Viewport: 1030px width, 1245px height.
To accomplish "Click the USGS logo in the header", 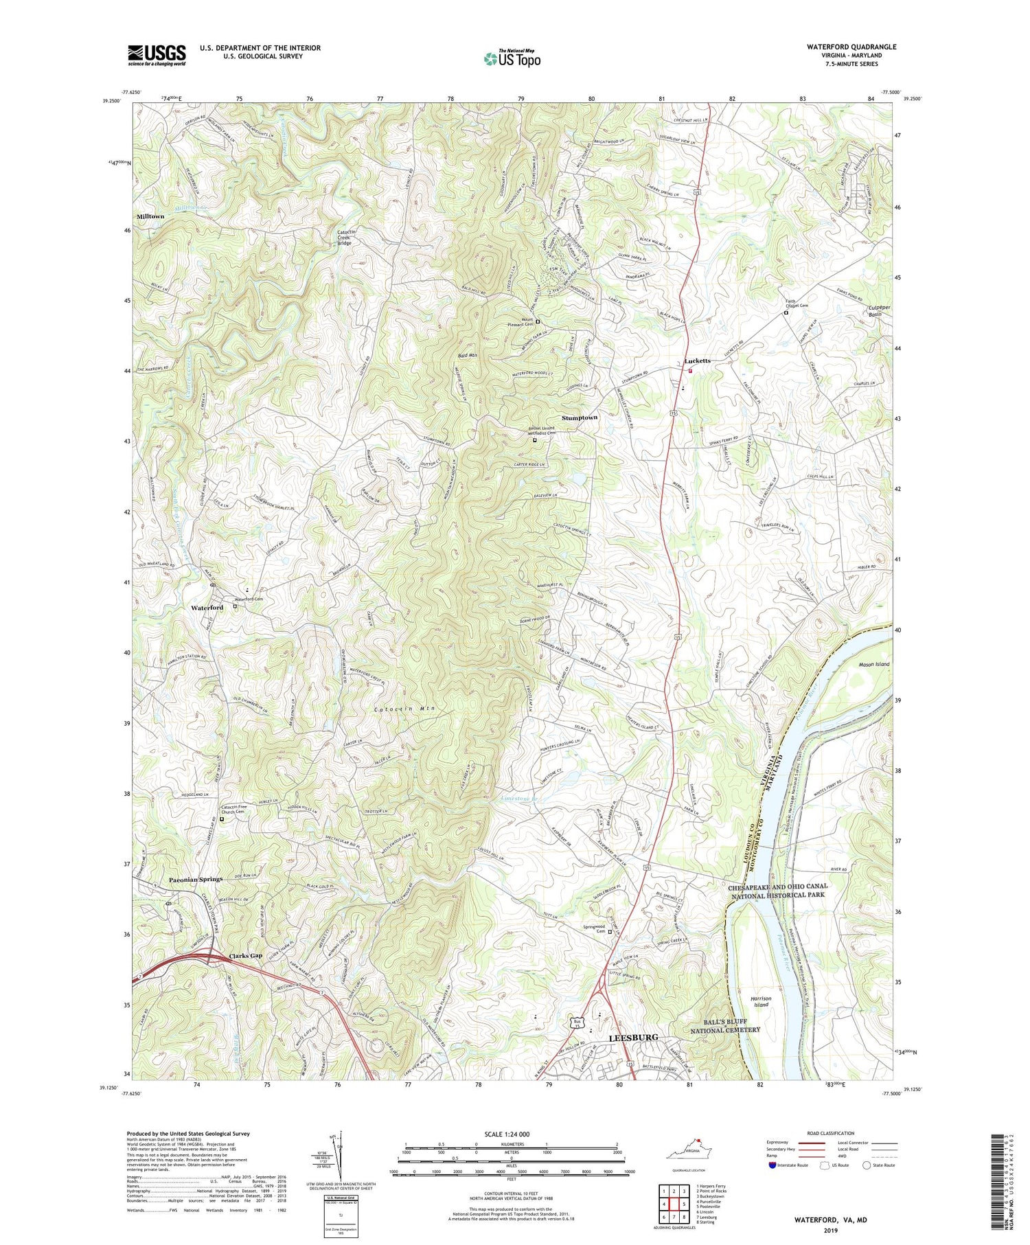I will click(157, 55).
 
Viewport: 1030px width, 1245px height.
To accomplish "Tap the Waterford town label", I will click(207, 608).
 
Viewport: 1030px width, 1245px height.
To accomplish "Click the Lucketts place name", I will click(697, 361).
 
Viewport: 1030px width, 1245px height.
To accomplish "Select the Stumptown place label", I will click(580, 418).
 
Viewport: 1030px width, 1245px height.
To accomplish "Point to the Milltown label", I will click(150, 216).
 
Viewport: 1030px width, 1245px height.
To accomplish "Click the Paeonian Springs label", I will click(196, 880).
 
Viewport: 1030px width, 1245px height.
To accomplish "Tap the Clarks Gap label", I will click(244, 956).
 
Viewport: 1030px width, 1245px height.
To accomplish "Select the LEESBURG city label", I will click(634, 1037).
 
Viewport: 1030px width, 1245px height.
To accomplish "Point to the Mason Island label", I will click(874, 665).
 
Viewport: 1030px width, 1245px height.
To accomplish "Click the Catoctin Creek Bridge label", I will click(350, 237).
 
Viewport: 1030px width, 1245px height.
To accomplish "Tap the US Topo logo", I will click(512, 58).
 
